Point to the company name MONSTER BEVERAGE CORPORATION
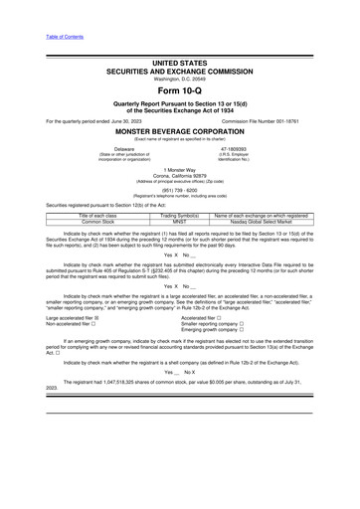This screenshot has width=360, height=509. click(x=179, y=130)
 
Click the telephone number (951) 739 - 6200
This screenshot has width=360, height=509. click(x=179, y=191)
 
